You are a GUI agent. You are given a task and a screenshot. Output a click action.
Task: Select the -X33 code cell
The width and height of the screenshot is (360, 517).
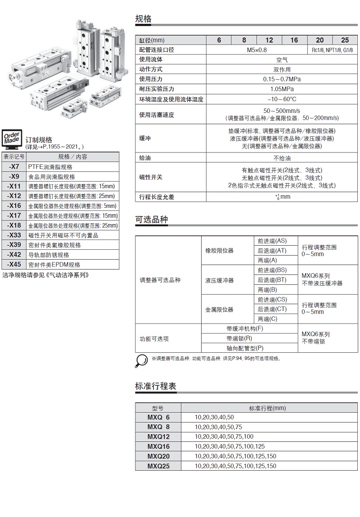pos(14,235)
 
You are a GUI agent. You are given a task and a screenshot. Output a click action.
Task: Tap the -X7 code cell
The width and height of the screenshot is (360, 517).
pos(14,166)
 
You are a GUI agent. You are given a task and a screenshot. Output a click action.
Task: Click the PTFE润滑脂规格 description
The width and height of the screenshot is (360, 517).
pos(50,166)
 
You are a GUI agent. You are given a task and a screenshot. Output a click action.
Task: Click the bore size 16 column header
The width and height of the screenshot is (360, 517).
pos(294,40)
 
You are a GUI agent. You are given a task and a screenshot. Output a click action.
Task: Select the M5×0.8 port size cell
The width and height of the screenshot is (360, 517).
pos(256,50)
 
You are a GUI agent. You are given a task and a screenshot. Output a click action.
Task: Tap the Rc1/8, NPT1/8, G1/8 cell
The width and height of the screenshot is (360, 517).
pos(332,50)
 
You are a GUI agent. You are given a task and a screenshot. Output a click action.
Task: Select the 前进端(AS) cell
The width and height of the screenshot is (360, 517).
pos(272,241)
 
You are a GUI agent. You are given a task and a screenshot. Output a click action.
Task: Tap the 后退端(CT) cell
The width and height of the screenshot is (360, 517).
pos(272,309)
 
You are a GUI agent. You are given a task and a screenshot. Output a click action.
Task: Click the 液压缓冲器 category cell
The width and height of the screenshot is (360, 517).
pos(220,280)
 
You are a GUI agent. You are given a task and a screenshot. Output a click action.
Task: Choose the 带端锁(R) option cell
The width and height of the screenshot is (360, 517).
pos(239,338)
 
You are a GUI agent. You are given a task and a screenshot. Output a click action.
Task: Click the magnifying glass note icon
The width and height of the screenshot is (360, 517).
pos(142,359)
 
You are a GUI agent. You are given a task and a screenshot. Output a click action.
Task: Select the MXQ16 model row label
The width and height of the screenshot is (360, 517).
pos(158,446)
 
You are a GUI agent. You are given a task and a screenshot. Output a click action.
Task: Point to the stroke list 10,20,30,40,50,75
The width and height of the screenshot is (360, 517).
pos(218,427)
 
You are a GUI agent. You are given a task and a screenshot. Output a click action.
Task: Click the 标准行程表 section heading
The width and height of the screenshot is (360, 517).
pos(156,386)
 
